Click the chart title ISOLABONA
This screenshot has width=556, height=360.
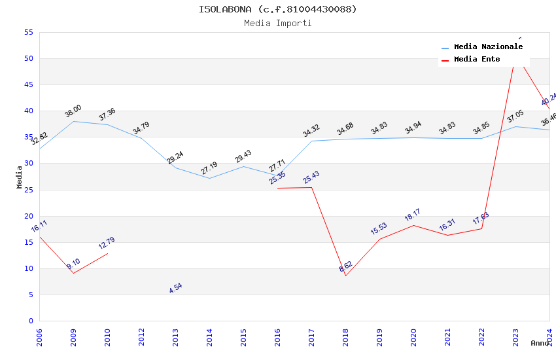278,9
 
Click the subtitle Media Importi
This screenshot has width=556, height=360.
278,24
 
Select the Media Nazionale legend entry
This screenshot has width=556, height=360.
488,47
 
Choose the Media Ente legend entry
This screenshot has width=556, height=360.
477,60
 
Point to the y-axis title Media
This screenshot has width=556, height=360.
20,177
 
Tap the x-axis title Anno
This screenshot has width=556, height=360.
540,343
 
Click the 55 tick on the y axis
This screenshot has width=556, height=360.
28,33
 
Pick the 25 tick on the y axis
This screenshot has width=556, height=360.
28,190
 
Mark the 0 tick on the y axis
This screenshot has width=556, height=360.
31,321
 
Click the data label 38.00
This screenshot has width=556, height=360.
73,111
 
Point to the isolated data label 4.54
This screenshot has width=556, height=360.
175,287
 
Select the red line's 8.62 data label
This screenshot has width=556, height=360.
345,266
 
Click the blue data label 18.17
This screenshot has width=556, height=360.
412,215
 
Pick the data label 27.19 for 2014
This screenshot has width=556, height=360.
209,168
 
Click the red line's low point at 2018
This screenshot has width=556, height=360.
345,276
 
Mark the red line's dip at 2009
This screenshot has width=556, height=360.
73,273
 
